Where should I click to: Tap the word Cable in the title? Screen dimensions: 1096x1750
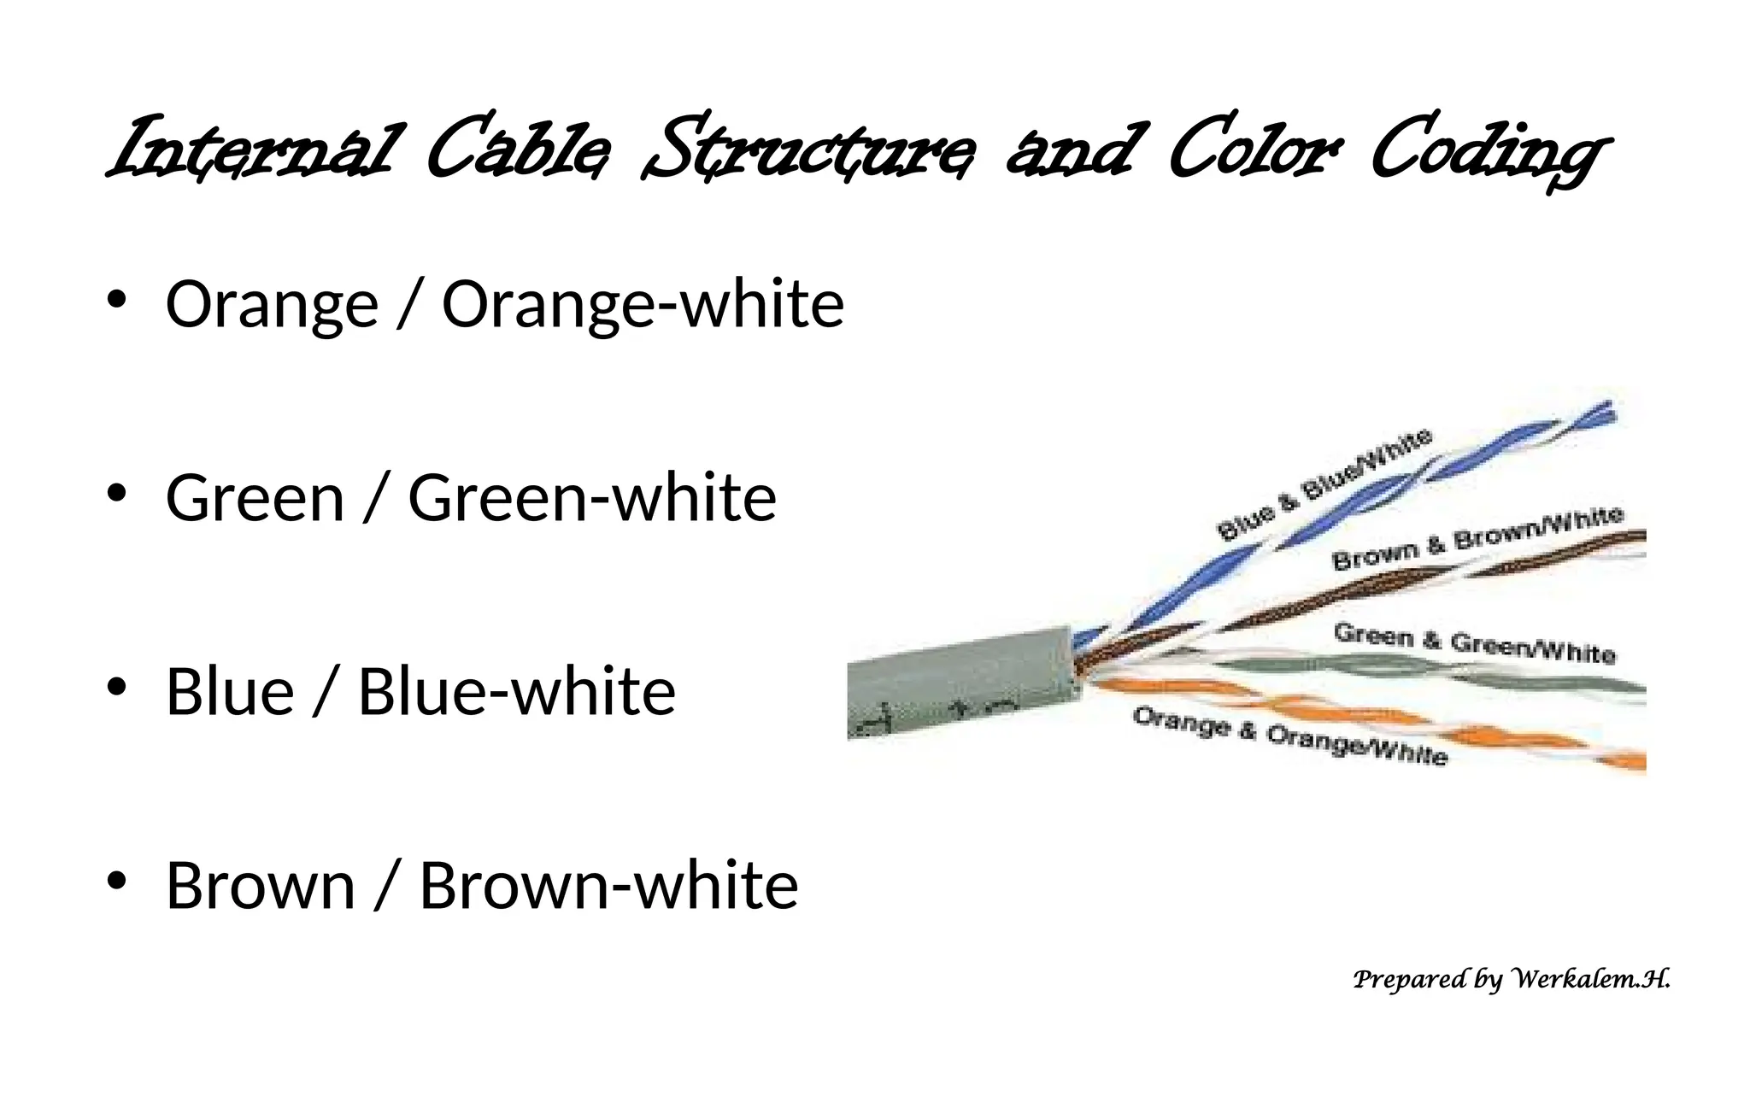tap(518, 149)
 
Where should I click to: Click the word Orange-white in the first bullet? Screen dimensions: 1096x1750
tap(643, 304)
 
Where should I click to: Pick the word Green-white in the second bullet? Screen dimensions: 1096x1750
tap(592, 498)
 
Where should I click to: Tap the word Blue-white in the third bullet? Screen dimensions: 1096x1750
tap(516, 691)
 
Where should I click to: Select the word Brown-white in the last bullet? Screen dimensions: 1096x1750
tap(608, 885)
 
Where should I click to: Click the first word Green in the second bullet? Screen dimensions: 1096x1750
tap(255, 498)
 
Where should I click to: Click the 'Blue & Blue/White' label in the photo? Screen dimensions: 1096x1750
tap(1324, 484)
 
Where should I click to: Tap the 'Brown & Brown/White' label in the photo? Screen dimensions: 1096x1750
tap(1477, 538)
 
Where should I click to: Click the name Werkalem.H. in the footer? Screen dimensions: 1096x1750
tap(1591, 979)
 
